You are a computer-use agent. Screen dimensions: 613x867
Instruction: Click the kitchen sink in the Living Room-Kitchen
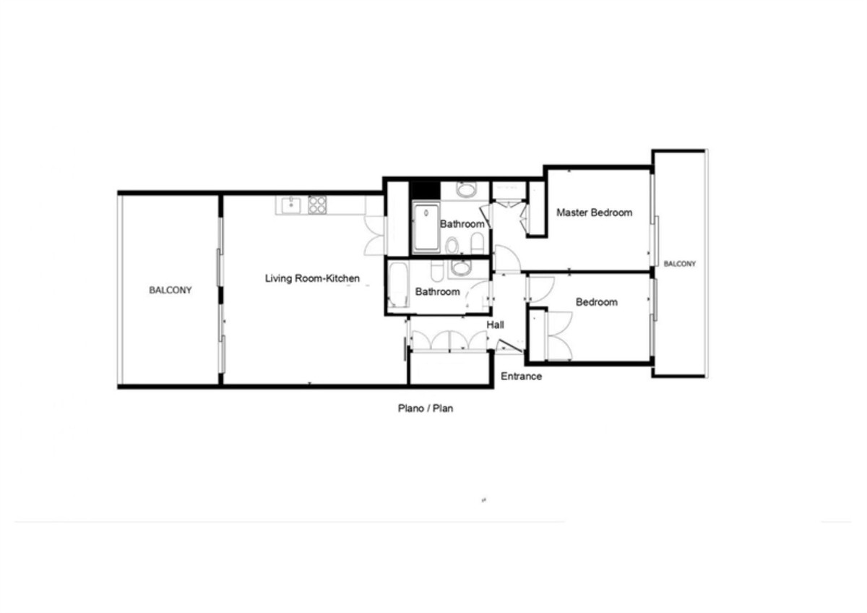(290, 205)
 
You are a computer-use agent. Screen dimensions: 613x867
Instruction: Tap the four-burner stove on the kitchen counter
(317, 205)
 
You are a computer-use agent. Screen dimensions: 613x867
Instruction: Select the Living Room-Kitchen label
(312, 278)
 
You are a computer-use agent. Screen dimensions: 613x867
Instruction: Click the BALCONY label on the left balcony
(171, 291)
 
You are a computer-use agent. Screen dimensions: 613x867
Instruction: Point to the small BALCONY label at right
(680, 264)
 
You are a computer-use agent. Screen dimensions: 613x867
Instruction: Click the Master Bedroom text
(594, 213)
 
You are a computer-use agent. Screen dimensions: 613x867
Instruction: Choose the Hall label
(495, 325)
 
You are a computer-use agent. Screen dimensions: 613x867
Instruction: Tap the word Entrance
(521, 376)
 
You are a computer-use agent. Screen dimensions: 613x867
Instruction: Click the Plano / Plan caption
(426, 408)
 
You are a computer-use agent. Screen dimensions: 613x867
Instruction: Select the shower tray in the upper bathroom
(426, 228)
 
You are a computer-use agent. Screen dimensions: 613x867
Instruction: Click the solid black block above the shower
(425, 189)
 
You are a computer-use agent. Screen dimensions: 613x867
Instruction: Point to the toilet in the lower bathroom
(437, 272)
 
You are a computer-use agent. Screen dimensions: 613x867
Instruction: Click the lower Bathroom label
(437, 292)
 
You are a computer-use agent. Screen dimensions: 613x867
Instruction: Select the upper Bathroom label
(462, 224)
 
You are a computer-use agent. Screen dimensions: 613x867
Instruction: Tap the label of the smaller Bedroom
(596, 301)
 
